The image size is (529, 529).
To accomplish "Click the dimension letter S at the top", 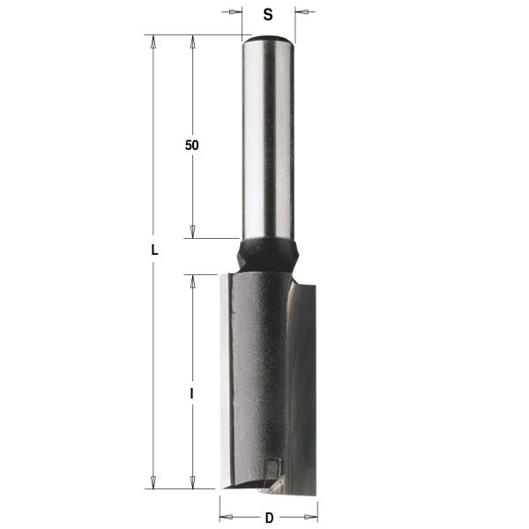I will [268, 13].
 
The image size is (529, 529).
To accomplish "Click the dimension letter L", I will [154, 250].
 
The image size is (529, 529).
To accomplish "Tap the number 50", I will [192, 145].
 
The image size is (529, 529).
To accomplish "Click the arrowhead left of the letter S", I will [236, 12].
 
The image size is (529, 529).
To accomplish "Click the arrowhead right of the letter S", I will [301, 12].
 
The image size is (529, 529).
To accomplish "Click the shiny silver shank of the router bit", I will [268, 141].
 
